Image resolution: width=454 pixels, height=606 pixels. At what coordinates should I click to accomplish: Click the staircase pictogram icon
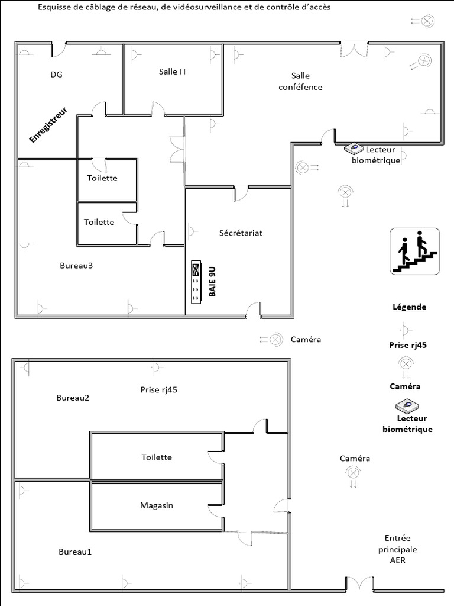[x=415, y=251]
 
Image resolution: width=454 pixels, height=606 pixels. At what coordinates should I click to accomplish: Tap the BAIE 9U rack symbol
[x=197, y=282]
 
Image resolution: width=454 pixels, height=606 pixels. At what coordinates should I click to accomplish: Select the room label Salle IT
[x=173, y=72]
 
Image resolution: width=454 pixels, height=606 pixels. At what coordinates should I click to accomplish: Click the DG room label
[x=56, y=75]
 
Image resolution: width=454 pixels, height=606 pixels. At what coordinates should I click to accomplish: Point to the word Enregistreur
[x=49, y=125]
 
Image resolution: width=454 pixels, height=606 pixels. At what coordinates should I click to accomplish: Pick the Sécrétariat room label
[x=241, y=233]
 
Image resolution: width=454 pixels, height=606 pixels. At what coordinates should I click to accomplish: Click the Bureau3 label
[x=76, y=265]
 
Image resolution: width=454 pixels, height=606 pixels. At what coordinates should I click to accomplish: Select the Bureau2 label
[x=73, y=397]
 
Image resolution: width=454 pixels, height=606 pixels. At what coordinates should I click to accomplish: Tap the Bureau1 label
[x=75, y=552]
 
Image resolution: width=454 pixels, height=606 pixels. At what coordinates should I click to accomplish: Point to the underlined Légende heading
[x=409, y=307]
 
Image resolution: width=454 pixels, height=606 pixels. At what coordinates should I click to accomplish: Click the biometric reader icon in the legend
[x=407, y=405]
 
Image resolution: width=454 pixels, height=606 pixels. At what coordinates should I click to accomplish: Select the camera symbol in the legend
[x=406, y=364]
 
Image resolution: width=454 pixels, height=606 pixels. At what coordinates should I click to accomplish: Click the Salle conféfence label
[x=300, y=81]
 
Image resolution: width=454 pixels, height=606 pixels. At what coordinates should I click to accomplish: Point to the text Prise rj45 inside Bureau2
[x=159, y=389]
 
